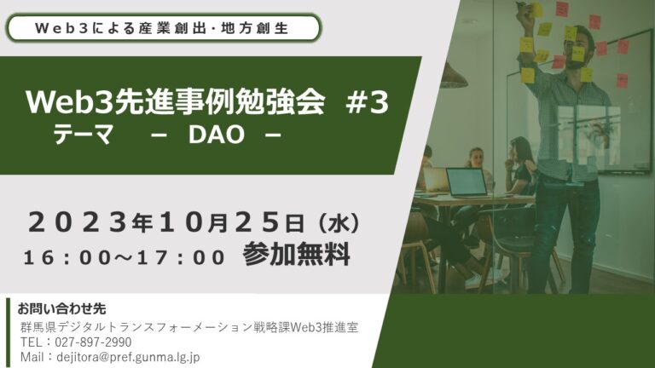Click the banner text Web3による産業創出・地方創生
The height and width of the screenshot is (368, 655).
pyautogui.click(x=162, y=28)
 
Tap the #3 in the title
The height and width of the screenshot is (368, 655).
pyautogui.click(x=368, y=103)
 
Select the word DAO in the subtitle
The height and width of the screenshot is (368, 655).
pyautogui.click(x=217, y=135)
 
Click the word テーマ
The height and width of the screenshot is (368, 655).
pyautogui.click(x=83, y=135)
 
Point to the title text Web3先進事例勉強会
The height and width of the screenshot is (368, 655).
pyautogui.click(x=176, y=102)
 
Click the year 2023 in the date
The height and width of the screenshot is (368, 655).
pyautogui.click(x=78, y=222)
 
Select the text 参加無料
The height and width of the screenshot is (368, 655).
pyautogui.click(x=296, y=254)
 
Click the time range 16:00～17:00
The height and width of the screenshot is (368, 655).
pyautogui.click(x=124, y=257)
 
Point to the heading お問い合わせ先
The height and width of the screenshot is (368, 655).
pyautogui.click(x=61, y=308)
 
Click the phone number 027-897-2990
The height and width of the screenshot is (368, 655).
pyautogui.click(x=93, y=342)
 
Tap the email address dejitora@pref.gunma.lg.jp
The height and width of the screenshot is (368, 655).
pyautogui.click(x=128, y=357)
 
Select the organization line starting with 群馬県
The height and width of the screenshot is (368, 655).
pyautogui.click(x=189, y=327)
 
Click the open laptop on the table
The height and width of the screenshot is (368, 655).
pyautogui.click(x=467, y=182)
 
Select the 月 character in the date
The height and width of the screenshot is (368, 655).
pyautogui.click(x=218, y=224)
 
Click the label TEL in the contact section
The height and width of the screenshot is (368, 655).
pyautogui.click(x=31, y=342)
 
